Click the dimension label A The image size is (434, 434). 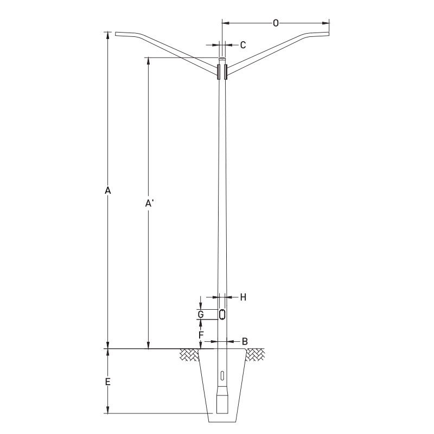tap(107, 190)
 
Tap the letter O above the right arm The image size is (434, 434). tap(276, 23)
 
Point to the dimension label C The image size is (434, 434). tap(243, 44)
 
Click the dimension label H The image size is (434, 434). tap(243, 297)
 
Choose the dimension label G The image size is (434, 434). tap(201, 315)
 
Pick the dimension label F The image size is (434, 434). tap(201, 335)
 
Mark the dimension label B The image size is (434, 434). tap(245, 341)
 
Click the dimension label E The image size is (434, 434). tap(107, 382)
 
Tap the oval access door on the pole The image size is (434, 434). tap(222, 315)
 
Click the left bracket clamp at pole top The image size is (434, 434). tap(218, 72)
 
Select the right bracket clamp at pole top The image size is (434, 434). tap(226, 72)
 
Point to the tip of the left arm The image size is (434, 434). tap(116, 35)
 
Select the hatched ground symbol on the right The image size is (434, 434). tap(255, 355)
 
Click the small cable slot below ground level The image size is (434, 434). tap(222, 376)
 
